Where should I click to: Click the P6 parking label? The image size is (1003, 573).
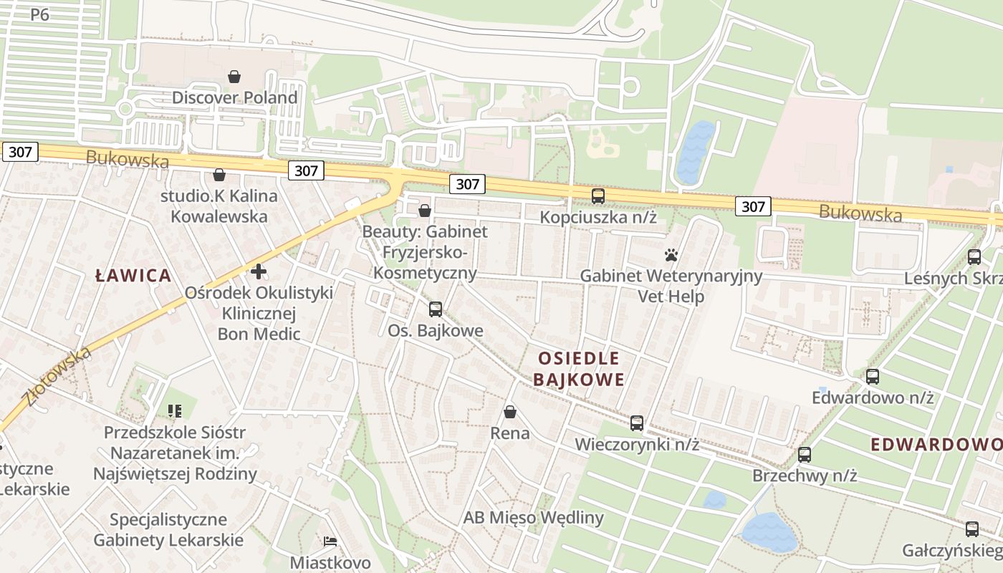point(39,14)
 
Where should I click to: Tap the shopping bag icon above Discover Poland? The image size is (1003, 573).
point(234,76)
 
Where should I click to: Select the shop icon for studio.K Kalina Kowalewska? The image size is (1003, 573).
point(219,175)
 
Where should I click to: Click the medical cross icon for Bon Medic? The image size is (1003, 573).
point(259,271)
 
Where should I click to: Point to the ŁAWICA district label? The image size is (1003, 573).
point(135,275)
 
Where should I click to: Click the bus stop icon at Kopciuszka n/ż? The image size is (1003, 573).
point(598,196)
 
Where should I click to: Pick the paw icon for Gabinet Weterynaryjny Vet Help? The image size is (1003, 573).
point(671,255)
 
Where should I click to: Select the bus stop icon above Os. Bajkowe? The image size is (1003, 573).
point(435,309)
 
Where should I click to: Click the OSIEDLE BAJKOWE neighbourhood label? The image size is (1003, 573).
point(579,368)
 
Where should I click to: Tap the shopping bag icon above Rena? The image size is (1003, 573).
point(510,412)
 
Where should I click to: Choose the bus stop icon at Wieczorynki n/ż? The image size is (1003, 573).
point(637,423)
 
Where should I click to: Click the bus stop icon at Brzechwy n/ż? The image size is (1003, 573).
point(805,454)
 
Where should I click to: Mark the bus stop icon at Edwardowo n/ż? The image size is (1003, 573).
point(872,376)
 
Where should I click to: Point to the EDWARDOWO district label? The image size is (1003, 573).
point(936,444)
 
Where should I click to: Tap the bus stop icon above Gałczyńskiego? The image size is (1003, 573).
point(971,529)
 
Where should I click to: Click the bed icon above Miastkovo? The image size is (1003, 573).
point(330,541)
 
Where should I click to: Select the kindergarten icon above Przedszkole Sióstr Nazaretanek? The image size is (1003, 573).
point(175,411)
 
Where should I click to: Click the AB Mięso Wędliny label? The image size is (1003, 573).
point(533,517)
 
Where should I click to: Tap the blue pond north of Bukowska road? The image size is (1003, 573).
point(694,153)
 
